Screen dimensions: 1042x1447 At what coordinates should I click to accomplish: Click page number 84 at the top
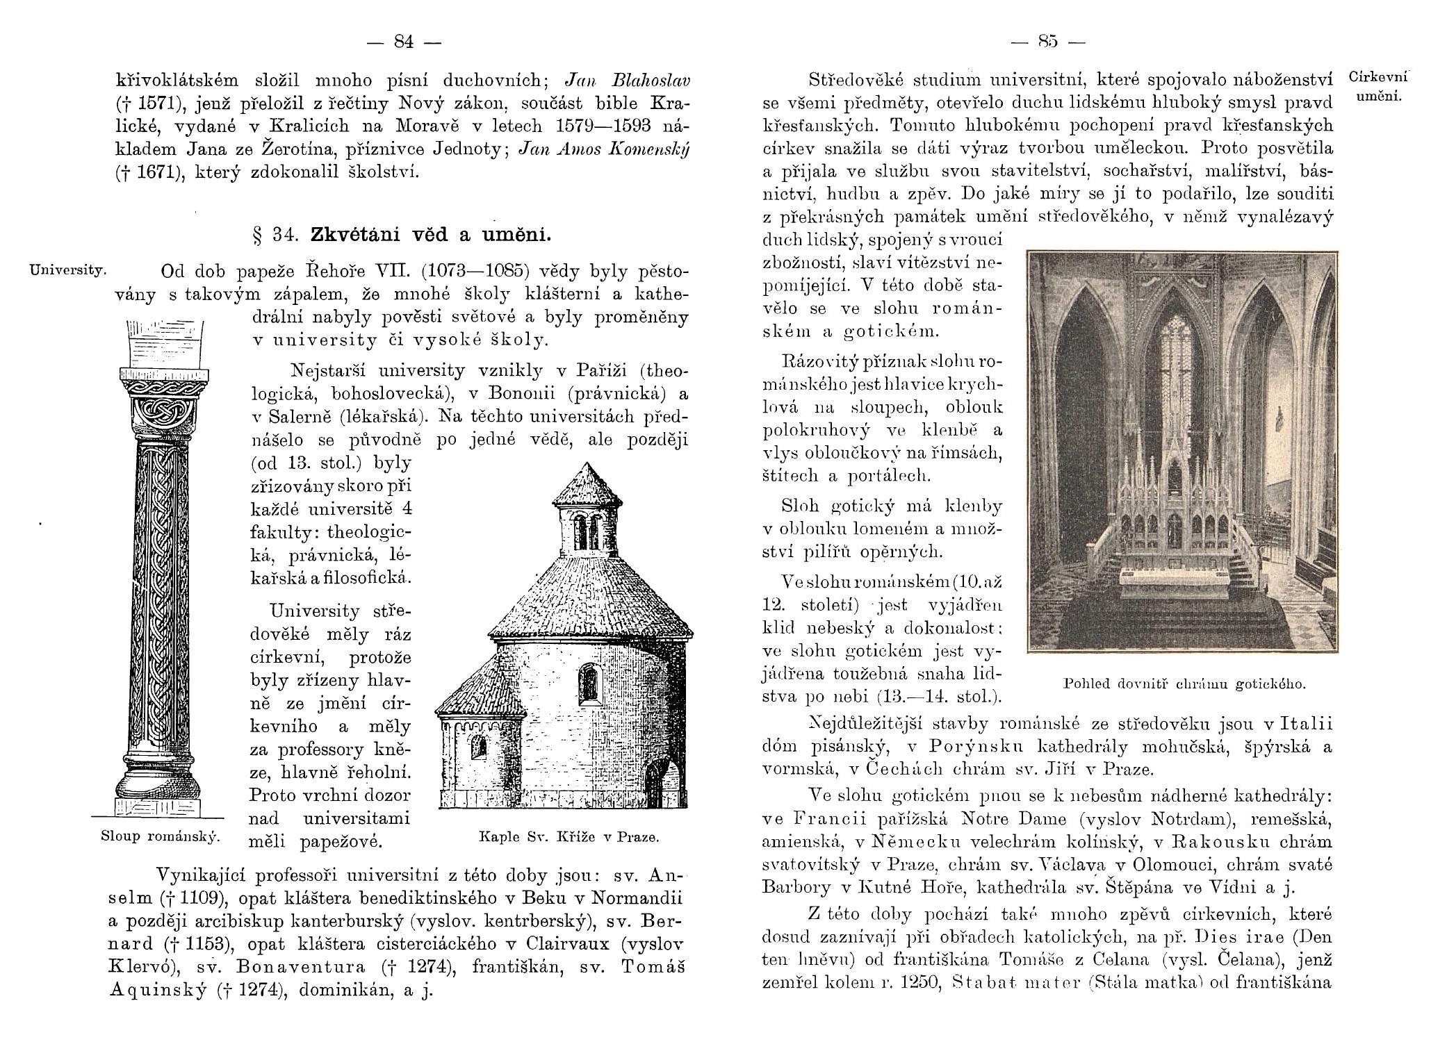tap(404, 42)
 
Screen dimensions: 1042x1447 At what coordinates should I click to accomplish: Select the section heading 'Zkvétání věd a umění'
tap(430, 235)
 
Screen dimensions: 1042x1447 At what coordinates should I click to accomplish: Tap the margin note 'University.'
tap(67, 268)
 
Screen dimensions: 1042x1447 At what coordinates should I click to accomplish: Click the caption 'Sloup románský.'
tap(160, 836)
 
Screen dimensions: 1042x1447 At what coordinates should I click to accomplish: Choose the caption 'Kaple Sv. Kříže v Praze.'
tap(569, 837)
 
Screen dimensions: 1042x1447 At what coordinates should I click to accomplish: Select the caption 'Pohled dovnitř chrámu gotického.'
tap(1184, 684)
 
